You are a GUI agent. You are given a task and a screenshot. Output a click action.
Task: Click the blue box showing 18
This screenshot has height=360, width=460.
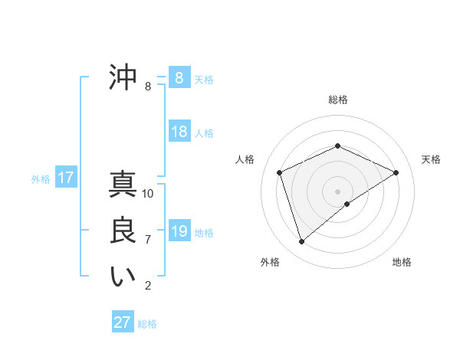pyautogui.click(x=179, y=132)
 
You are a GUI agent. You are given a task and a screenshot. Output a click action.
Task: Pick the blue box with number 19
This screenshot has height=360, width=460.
pyautogui.click(x=179, y=231)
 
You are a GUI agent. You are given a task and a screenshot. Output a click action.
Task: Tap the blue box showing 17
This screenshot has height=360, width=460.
pyautogui.click(x=66, y=178)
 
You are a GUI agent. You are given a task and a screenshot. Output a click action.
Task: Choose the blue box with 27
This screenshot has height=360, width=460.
pyautogui.click(x=123, y=322)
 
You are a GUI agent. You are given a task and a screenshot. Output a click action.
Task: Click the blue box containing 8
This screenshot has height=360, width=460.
pyautogui.click(x=179, y=78)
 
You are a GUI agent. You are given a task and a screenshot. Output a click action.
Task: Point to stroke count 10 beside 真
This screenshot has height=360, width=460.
pyautogui.click(x=148, y=193)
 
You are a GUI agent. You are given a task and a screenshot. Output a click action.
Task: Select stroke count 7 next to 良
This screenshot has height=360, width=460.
pyautogui.click(x=148, y=240)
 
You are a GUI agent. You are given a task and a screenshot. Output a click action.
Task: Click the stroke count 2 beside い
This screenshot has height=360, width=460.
pyautogui.click(x=148, y=286)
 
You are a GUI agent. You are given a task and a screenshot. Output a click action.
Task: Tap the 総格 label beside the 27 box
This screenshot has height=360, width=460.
pyautogui.click(x=147, y=324)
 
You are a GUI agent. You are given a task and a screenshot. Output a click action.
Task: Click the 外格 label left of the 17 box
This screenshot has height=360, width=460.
pyautogui.click(x=41, y=179)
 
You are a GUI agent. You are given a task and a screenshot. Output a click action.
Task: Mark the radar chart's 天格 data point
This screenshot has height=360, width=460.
pyautogui.click(x=396, y=172)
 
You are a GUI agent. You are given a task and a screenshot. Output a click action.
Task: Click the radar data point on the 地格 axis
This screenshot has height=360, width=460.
pyautogui.click(x=347, y=204)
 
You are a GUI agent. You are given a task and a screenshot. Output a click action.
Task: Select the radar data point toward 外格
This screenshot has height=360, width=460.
pyautogui.click(x=302, y=242)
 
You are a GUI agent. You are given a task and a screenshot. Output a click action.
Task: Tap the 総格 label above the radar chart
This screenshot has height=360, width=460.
pyautogui.click(x=338, y=100)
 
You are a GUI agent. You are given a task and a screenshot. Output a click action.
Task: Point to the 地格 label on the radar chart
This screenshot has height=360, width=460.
pyautogui.click(x=402, y=262)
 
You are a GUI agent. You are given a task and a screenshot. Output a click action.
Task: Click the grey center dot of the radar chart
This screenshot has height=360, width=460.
pyautogui.click(x=338, y=191)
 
